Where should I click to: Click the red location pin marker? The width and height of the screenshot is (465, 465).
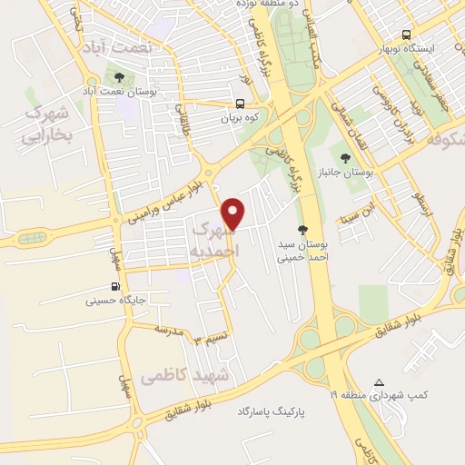coord(234,213)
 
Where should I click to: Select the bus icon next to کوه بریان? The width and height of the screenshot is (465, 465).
coord(241,104)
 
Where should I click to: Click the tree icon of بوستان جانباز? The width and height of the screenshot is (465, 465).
coord(345,159)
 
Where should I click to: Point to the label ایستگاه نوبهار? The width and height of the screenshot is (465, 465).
coord(431,47)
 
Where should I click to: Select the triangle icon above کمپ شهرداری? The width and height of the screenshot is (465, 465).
coord(380,382)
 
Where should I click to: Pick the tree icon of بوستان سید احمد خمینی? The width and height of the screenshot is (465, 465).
coord(302,231)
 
